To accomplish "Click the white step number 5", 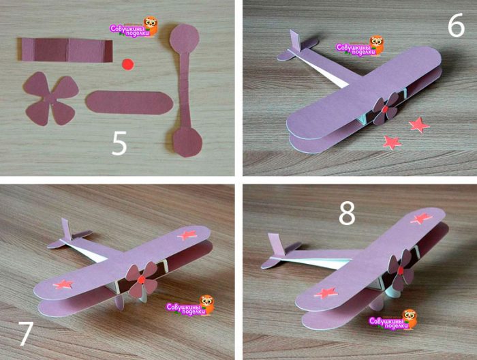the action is (119, 144).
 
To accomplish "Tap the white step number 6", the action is (456, 25).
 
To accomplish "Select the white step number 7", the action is (26, 333).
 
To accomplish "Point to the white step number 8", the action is (347, 213).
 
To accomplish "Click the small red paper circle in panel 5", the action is (128, 65).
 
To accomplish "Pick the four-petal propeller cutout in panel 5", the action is (51, 99).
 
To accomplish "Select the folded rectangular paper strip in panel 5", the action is (65, 50).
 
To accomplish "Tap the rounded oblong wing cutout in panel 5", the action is (129, 102).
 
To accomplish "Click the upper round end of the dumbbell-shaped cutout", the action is (185, 38).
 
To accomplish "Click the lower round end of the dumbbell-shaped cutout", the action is (187, 142).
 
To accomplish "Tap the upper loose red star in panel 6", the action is (419, 125).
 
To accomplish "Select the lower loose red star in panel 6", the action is (392, 142).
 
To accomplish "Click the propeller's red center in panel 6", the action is (386, 109).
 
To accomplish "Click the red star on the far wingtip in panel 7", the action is (187, 235).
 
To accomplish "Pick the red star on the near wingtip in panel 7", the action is (63, 284).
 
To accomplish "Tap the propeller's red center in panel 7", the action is (141, 280).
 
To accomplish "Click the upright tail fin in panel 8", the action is (275, 245).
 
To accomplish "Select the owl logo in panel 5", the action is (151, 25).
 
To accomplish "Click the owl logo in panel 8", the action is (410, 319).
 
